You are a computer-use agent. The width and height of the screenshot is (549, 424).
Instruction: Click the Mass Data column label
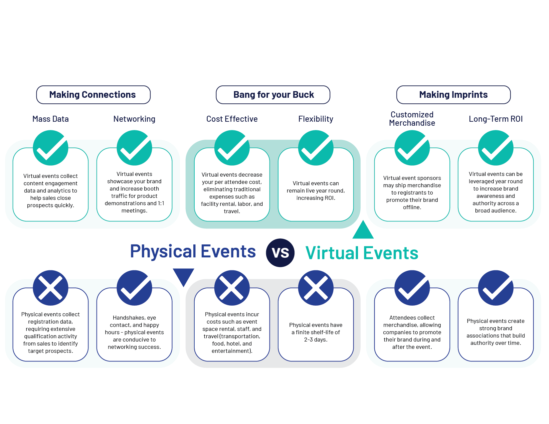point(51,119)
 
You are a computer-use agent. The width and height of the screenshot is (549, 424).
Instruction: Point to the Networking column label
point(134,119)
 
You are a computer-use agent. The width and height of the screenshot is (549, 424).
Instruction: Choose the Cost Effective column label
point(232,119)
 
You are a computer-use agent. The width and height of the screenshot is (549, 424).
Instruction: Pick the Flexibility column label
point(316,119)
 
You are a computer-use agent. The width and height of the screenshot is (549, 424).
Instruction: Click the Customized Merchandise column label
point(412,119)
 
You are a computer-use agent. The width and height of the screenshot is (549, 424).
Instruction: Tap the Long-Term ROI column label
point(496,119)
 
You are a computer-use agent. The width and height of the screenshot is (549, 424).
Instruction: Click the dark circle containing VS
point(280,253)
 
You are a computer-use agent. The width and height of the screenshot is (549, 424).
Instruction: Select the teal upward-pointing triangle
point(363,230)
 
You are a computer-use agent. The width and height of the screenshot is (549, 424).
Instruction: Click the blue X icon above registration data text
point(51,288)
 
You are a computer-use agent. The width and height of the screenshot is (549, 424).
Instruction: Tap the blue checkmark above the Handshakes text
point(134,288)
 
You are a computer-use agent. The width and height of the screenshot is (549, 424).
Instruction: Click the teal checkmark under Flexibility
point(316,148)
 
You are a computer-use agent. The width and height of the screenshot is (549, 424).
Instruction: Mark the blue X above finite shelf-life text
point(316,288)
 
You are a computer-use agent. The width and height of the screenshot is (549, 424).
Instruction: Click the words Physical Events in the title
point(193,251)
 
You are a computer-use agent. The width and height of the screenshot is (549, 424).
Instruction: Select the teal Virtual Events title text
point(362,253)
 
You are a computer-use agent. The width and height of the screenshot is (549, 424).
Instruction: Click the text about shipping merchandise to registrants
point(412,193)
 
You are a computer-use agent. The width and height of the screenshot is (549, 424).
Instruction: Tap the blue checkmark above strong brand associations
point(496,288)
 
